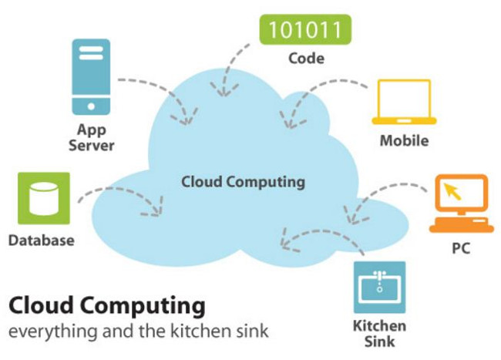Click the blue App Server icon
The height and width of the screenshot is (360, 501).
(x=91, y=76)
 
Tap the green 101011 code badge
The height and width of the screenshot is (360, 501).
(x=305, y=29)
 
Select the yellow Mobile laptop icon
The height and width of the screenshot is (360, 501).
(x=404, y=102)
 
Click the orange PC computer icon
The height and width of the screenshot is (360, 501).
(x=462, y=204)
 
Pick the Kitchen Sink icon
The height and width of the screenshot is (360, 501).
(x=379, y=288)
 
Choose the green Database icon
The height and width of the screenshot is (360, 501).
(x=44, y=198)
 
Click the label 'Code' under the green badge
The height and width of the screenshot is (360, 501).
(x=306, y=59)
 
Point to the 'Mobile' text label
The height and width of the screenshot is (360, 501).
(x=404, y=141)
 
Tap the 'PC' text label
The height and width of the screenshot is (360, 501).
(x=461, y=248)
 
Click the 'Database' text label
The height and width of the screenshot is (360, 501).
(x=42, y=241)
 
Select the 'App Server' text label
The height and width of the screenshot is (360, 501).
(x=92, y=137)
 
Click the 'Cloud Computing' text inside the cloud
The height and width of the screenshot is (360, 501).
(x=243, y=182)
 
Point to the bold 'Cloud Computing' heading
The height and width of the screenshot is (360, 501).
(x=107, y=306)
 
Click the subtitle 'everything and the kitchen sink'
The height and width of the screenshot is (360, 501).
(x=138, y=331)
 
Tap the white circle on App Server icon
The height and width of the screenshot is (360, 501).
(x=91, y=106)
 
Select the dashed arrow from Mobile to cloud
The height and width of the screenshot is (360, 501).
(x=320, y=91)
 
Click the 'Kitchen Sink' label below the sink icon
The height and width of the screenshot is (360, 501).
(x=379, y=334)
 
